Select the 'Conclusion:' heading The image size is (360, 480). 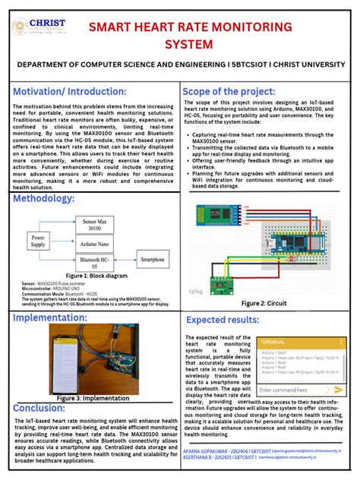pos(39,408)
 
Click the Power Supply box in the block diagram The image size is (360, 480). pos(37,242)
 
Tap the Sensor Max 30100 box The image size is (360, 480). pos(94,224)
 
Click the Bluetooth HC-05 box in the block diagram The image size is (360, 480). pos(94,262)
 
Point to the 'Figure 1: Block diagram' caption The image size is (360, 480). pos(96,276)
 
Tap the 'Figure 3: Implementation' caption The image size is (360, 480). pos(96,397)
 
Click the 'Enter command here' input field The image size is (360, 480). pos(292,389)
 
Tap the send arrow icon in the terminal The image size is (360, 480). pos(339,389)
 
